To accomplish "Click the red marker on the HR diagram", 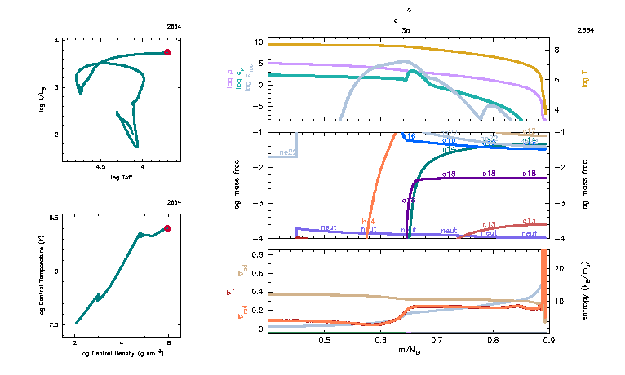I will point(167,52).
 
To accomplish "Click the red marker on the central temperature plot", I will point(167,228).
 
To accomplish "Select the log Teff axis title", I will point(122,176).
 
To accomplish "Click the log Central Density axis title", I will point(122,354).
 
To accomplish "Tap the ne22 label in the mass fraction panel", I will point(287,152).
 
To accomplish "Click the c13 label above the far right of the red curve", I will point(529,221).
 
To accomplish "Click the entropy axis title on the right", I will point(585,289).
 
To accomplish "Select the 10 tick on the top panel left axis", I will point(258,42).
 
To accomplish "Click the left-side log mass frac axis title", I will point(238,185).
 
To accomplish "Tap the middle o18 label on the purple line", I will point(489,174).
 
